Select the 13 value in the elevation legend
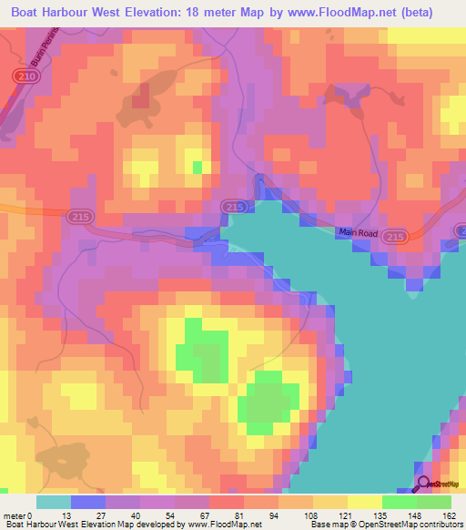(x=72, y=514)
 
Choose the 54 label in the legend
(x=175, y=514)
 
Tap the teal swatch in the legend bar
(x=54, y=502)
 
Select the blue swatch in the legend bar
(x=88, y=502)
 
